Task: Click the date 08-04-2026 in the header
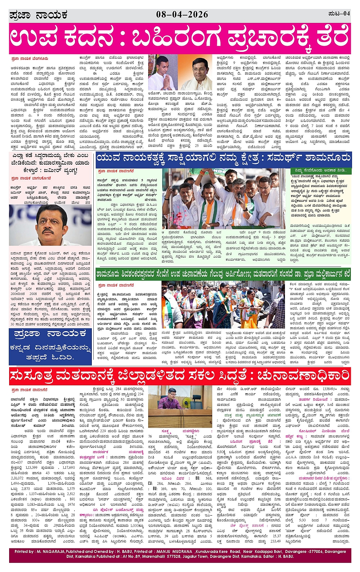click(182, 14)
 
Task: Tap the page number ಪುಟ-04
click(339, 14)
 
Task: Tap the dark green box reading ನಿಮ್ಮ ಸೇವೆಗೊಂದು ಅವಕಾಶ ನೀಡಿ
click(320, 170)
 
